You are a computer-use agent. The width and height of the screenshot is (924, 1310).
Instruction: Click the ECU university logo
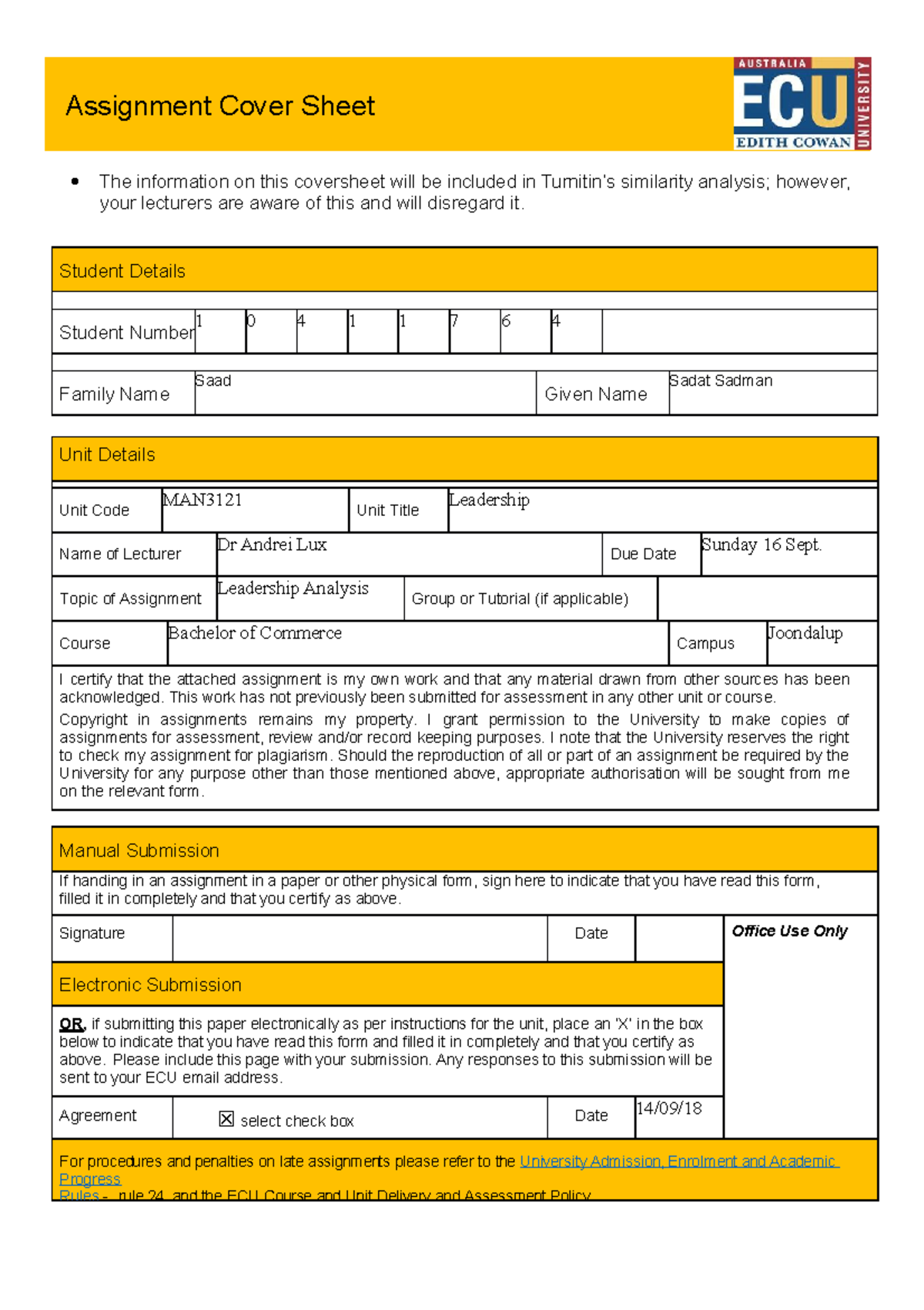coord(802,103)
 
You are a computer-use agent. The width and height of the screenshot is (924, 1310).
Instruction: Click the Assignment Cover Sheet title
coord(220,106)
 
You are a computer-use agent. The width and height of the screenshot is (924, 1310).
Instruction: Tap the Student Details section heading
coord(122,271)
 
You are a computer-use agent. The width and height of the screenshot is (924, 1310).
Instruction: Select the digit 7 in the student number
coord(454,321)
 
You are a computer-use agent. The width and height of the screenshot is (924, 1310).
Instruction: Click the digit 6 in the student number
coord(506,321)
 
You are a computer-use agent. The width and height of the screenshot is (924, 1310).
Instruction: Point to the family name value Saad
coord(213,380)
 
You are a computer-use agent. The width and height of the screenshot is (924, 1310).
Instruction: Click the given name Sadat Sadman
coord(721,380)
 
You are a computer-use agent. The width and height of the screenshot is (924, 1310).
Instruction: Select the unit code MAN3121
coord(203,500)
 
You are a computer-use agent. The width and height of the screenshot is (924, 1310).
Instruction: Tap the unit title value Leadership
coord(490,500)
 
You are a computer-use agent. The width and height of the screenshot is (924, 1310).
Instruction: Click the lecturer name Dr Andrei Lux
coord(273,544)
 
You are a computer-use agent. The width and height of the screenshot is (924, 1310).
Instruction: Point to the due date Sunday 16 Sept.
coord(762,544)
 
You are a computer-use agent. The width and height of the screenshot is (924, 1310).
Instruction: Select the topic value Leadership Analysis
coord(293,588)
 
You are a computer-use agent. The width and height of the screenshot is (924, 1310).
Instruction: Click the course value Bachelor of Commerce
coord(255,633)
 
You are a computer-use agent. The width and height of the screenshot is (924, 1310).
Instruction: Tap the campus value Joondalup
coord(805,633)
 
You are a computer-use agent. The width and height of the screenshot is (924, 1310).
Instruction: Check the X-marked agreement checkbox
coord(226,1119)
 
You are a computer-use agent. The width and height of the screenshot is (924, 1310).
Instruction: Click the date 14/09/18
coord(669,1108)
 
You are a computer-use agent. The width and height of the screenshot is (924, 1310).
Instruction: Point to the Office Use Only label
coord(789,931)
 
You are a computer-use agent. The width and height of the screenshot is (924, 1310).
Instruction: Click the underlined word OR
coord(72,1024)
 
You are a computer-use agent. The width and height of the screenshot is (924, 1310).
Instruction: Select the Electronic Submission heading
coord(150,985)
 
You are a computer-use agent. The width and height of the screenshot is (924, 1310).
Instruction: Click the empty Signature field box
coord(360,938)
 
